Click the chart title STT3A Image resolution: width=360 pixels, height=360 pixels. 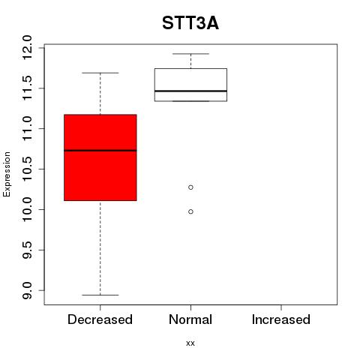point(190,23)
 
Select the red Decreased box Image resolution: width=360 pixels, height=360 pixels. point(100,157)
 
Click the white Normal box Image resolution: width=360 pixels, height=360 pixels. point(190,85)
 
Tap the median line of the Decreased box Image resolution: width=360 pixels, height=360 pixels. point(100,151)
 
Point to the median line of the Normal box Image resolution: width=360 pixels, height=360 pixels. point(190,91)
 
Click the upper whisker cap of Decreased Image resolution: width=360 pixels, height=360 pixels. point(100,73)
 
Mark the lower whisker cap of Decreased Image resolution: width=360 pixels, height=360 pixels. point(100,295)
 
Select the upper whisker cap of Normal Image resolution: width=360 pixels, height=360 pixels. point(190,54)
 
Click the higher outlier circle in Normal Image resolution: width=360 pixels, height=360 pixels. point(190,187)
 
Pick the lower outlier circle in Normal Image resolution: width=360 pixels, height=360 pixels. point(190,211)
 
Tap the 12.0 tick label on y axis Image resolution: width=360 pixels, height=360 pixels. point(27,47)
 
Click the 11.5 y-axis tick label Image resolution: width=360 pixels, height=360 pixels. point(27,88)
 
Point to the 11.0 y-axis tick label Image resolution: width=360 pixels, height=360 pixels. point(27,129)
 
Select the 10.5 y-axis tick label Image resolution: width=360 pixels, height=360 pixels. point(27,169)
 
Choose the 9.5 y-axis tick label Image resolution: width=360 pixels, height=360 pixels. point(27,250)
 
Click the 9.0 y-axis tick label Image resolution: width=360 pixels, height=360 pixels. point(27,290)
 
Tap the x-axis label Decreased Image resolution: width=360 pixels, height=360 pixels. point(100,319)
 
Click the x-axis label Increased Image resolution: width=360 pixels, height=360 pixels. point(281,319)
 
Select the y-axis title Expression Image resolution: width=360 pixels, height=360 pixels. point(7,174)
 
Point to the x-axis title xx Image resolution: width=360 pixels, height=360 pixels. point(190,343)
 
